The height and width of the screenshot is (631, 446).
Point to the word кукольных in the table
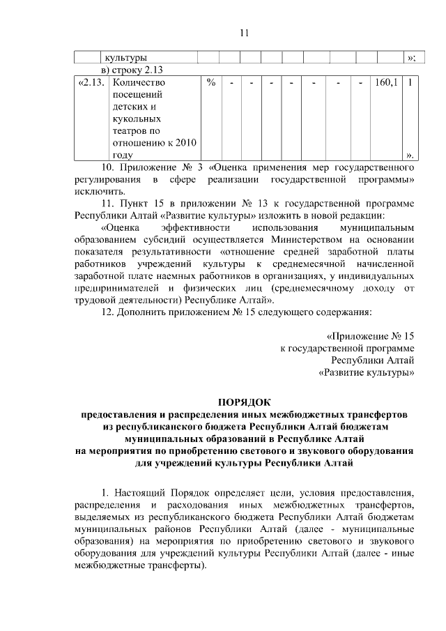(x=134, y=119)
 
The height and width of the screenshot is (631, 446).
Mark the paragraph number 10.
(x=108, y=167)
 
